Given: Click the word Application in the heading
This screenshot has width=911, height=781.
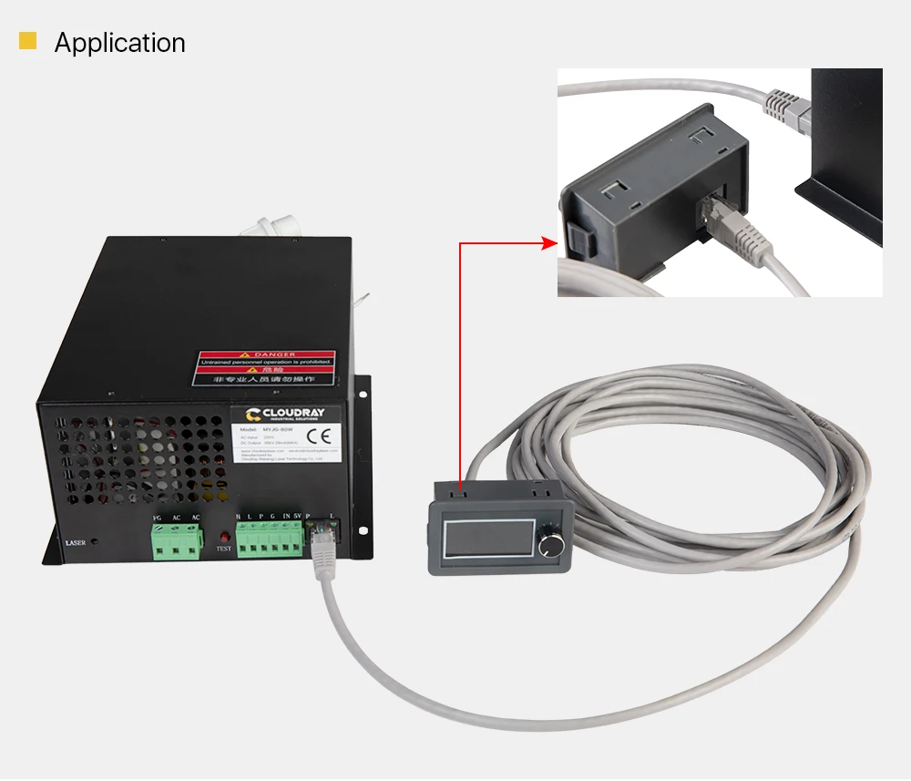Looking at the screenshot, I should [119, 43].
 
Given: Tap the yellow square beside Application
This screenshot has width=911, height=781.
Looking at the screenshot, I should [28, 41].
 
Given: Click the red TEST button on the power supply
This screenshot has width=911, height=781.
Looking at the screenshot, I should [222, 536].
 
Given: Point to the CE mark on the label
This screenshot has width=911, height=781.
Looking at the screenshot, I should [317, 434].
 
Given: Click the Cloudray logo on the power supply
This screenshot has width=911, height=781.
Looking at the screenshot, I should [283, 415].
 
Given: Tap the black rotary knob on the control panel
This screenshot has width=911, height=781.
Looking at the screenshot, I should [552, 545].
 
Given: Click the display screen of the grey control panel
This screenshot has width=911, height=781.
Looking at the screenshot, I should [489, 537].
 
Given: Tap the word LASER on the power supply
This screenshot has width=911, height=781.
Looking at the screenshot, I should [76, 543].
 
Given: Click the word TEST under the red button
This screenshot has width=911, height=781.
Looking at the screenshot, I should [223, 550].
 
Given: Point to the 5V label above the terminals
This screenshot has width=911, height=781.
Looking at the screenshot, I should [296, 517].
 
